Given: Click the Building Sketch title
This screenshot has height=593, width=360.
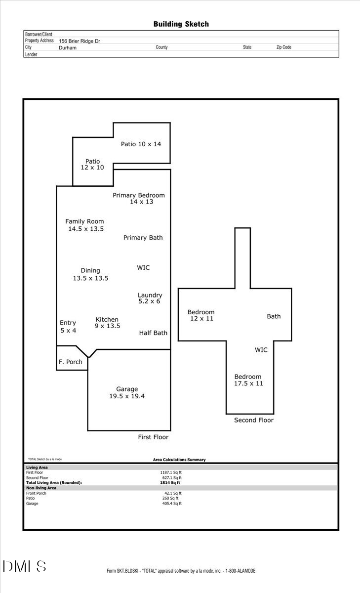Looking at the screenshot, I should pyautogui.click(x=181, y=24).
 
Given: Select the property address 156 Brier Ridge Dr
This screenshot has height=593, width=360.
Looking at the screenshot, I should pyautogui.click(x=80, y=41).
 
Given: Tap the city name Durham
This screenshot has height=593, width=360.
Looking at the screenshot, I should pyautogui.click(x=67, y=48).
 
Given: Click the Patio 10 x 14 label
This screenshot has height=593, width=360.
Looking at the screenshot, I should pyautogui.click(x=141, y=144).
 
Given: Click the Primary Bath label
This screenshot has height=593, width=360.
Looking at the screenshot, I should pyautogui.click(x=143, y=238).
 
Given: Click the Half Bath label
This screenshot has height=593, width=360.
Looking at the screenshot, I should pyautogui.click(x=153, y=333).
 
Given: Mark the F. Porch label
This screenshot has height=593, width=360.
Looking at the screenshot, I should pyautogui.click(x=71, y=362).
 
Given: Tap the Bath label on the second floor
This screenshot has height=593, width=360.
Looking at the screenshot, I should pyautogui.click(x=274, y=316).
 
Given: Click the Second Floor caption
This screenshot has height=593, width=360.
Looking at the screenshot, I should pyautogui.click(x=253, y=420).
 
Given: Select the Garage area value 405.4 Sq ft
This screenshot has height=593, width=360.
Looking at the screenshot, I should pyautogui.click(x=172, y=504).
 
